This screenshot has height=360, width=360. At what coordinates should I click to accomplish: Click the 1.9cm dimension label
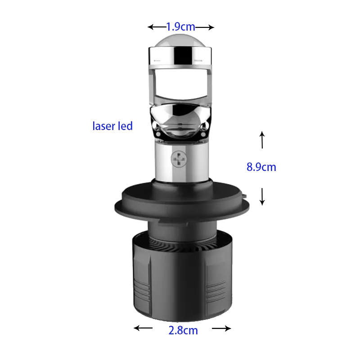coord(181,27)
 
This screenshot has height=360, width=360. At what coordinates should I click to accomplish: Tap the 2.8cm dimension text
coord(183,331)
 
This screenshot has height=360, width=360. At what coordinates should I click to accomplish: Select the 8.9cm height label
coord(261,167)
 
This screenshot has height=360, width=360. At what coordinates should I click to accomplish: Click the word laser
coord(103,126)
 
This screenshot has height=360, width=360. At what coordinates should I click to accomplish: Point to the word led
coord(125,126)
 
